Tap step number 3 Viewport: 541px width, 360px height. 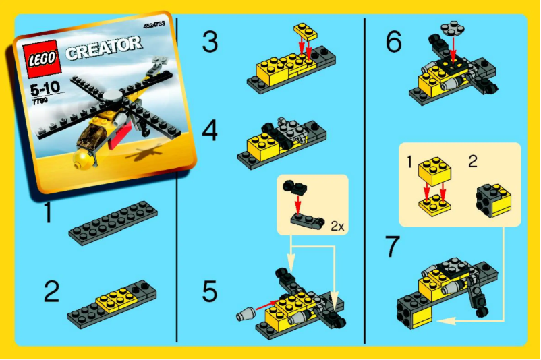click(210, 42)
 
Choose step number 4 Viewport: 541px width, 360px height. click(210, 129)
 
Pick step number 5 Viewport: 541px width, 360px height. click(210, 291)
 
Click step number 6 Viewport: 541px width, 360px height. click(394, 42)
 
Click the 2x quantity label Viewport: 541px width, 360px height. click(337, 227)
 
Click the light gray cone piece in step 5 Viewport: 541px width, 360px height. click(246, 314)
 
